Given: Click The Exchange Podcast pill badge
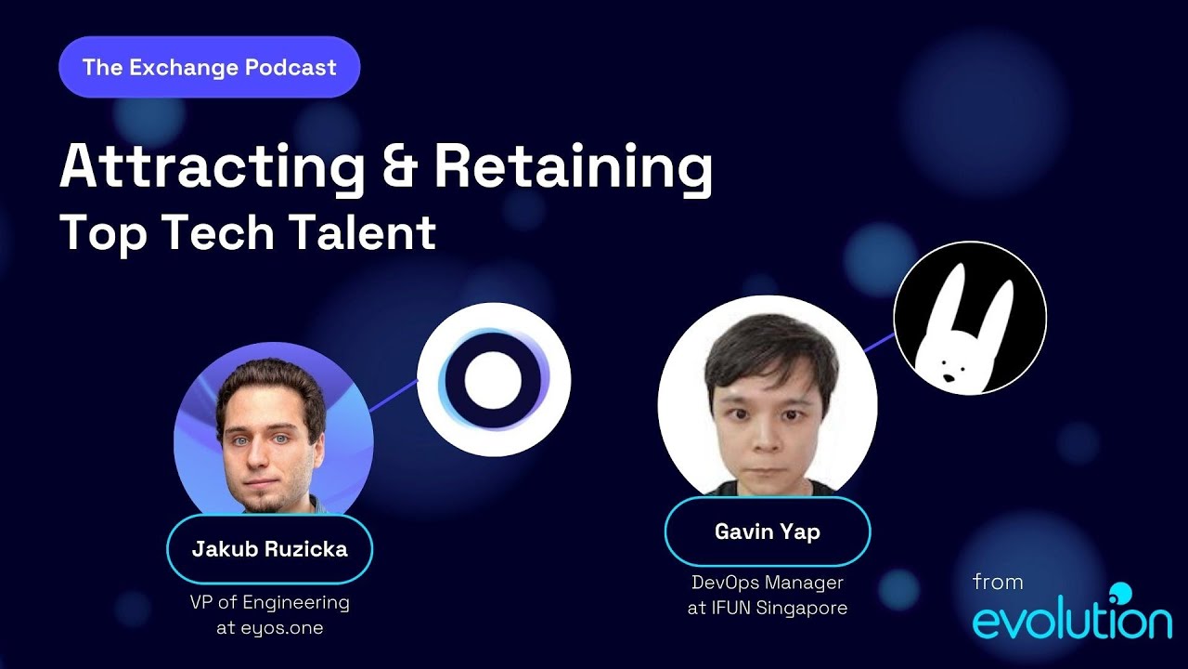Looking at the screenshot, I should pos(209,67).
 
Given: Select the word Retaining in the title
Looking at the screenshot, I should pos(573,168).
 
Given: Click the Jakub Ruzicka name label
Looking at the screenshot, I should pos(269,548).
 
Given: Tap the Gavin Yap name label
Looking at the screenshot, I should pos(767,531).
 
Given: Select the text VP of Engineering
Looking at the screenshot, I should pos(269,602).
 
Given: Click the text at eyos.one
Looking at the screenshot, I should pos(269,627).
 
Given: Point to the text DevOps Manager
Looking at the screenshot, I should pos(768,584).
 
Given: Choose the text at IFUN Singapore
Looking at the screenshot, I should pos(768,609).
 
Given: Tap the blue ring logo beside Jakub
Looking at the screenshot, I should pos(494,379).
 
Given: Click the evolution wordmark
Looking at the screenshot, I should pos(1071,619).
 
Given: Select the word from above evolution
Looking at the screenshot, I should pos(998,583).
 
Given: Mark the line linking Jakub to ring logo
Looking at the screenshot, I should pos(394,396).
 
